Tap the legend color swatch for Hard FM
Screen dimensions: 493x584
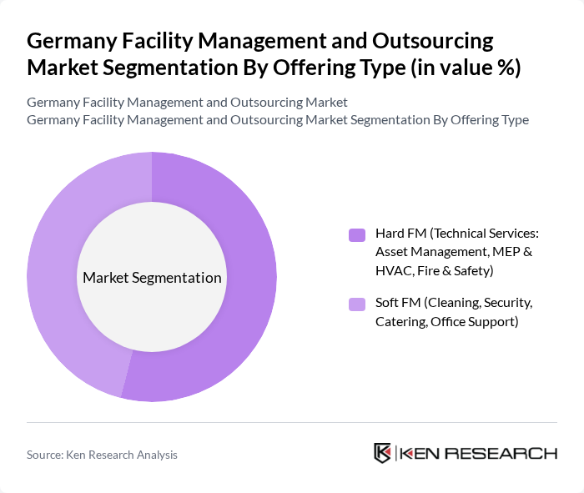357,235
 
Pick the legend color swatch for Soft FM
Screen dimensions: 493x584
357,304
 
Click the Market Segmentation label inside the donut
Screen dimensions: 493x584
152,278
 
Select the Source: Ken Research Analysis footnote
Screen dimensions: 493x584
102,455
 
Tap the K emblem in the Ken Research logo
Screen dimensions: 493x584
383,453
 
